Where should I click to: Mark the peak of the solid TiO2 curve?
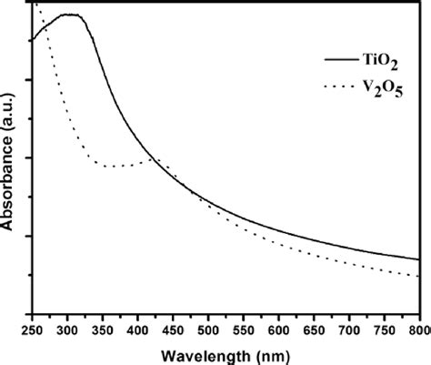coord(68,15)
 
